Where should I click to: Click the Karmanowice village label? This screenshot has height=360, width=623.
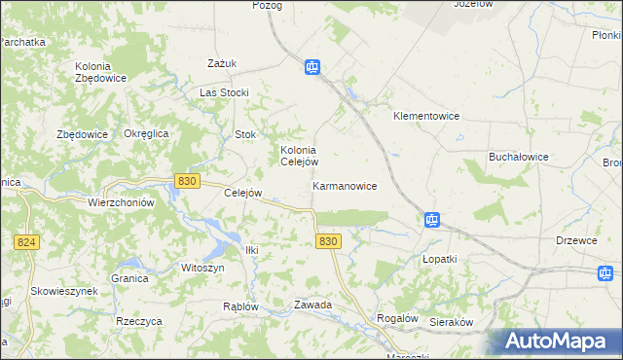point(345,185)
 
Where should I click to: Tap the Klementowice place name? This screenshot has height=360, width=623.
point(425,116)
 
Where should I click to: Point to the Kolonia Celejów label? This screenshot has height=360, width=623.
point(299,156)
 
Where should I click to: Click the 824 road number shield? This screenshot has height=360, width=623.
point(27,241)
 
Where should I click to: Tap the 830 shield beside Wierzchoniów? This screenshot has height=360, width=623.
point(188,181)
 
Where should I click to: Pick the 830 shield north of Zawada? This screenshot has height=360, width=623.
point(329,241)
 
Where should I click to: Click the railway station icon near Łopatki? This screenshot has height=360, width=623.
point(432,221)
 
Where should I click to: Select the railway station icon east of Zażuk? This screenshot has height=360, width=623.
point(311,67)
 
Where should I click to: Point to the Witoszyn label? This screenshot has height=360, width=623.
point(202,268)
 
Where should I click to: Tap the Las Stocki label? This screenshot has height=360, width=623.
point(224,92)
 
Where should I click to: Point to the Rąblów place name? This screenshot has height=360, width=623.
point(240,306)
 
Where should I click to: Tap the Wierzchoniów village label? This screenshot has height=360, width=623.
point(122,202)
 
